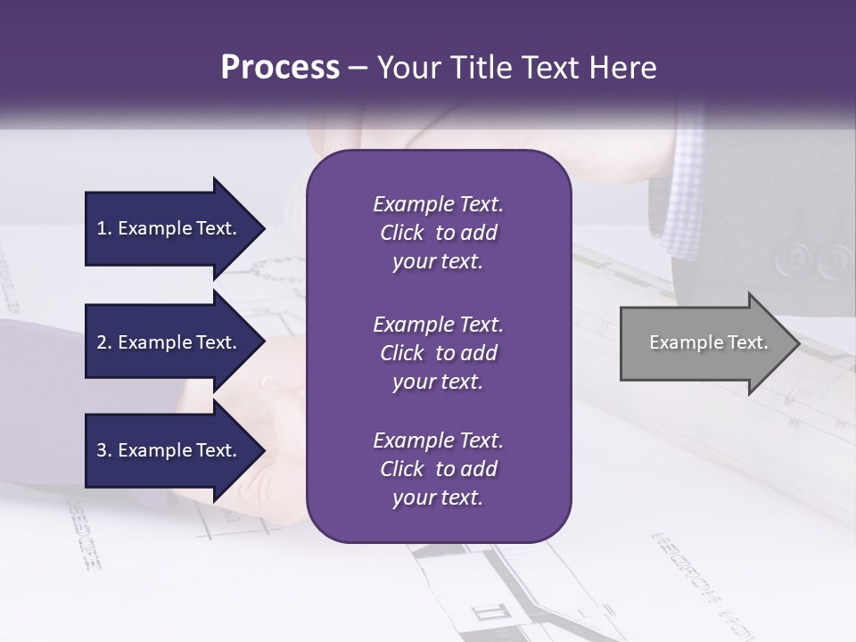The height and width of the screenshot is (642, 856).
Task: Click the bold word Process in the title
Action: click(x=280, y=68)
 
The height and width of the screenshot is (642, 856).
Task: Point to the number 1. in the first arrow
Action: click(x=104, y=228)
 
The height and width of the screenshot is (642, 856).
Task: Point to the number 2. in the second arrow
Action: click(x=104, y=342)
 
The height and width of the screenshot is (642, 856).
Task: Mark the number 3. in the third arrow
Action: click(x=104, y=450)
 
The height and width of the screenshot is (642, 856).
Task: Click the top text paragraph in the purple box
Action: click(x=439, y=233)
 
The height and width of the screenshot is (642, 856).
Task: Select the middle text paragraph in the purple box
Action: click(x=439, y=353)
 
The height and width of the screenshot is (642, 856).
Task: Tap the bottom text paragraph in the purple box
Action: click(x=439, y=469)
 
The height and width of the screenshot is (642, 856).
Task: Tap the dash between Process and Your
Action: click(x=358, y=68)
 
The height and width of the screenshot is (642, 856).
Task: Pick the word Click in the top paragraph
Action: click(x=402, y=233)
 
